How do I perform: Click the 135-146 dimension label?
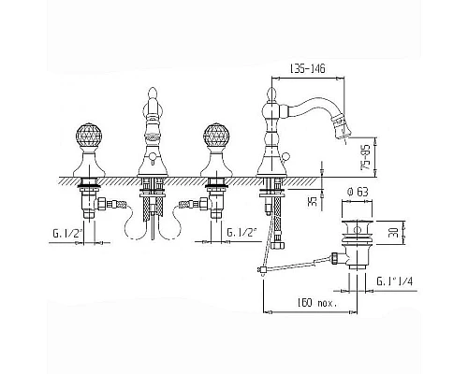pyautogui.click(x=308, y=68)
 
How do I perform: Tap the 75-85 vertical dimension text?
pyautogui.click(x=365, y=157)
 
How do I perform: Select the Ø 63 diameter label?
pyautogui.click(x=358, y=192)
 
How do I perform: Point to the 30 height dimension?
pyautogui.click(x=394, y=232)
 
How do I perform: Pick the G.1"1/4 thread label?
pyautogui.click(x=394, y=281)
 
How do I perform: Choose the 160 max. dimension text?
pyautogui.click(x=316, y=303)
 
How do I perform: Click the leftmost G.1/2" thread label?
pyautogui.click(x=67, y=233)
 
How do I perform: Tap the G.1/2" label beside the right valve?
pyautogui.click(x=241, y=232)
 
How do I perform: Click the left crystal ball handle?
pyautogui.click(x=89, y=137)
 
